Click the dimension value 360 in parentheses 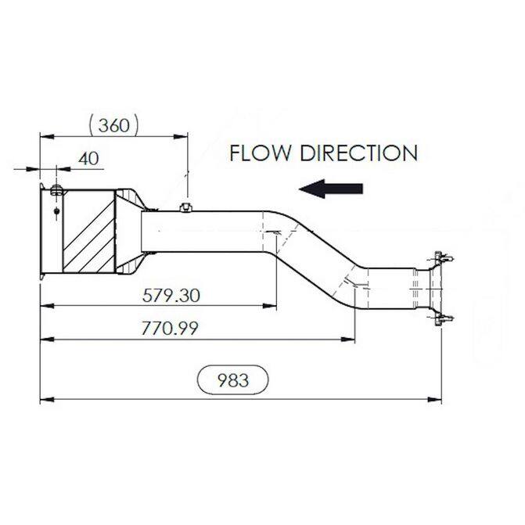pos(113,126)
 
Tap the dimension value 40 pos(88,158)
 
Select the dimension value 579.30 pos(171,296)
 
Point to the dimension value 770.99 pos(170,329)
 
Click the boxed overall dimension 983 pos(233,380)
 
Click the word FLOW pos(261,153)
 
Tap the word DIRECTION pos(358,153)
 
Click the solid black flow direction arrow pos(331,189)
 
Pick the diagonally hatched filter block pos(89,231)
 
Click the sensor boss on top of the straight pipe pos(186,207)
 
